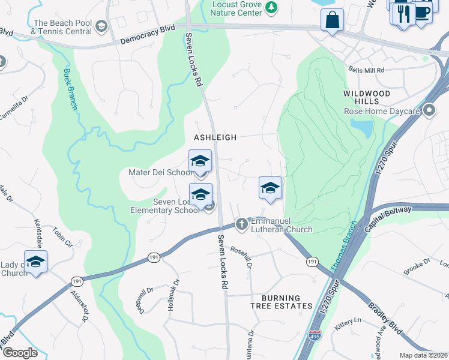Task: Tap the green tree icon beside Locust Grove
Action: click(272, 7)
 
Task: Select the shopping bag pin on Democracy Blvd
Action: click(332, 20)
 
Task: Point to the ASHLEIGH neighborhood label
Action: click(215, 137)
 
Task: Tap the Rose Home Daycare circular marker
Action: click(429, 110)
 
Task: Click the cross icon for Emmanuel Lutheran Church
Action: click(242, 224)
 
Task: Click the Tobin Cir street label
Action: click(62, 238)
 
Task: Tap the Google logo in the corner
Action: click(20, 353)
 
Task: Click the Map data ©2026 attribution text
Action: click(423, 355)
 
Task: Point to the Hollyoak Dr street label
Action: click(175, 294)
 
